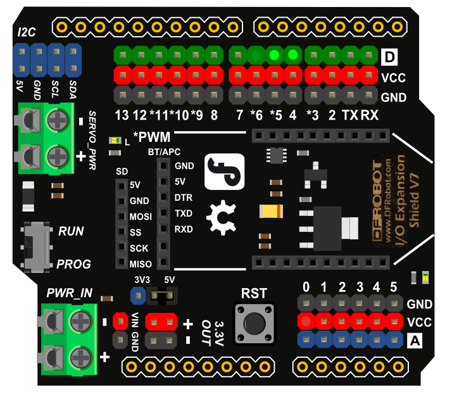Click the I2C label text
(27, 32)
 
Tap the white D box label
(389, 57)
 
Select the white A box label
(415, 341)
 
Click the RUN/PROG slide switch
(36, 247)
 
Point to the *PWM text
(152, 137)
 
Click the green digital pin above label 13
(123, 55)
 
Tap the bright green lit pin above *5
(274, 54)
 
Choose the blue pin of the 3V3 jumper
(138, 296)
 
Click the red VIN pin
(120, 321)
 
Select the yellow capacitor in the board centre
(271, 212)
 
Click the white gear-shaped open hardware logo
(222, 218)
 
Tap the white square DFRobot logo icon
(225, 172)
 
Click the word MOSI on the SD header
(141, 217)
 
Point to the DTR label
(184, 198)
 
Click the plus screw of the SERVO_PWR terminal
(58, 157)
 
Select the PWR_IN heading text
(70, 293)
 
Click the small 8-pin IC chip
(277, 155)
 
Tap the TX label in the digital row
(350, 115)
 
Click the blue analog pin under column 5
(394, 339)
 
